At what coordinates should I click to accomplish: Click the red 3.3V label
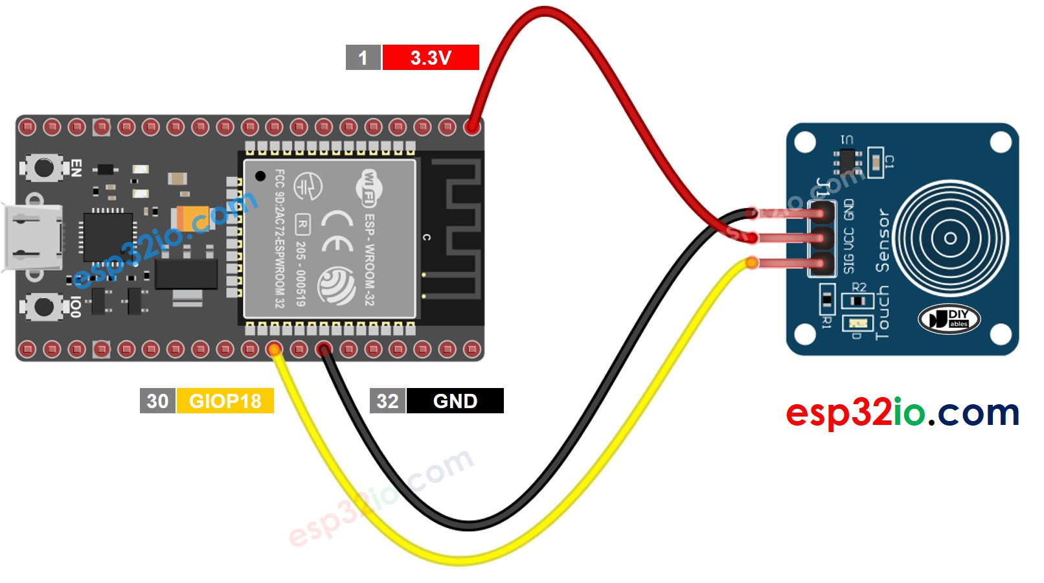[431, 58]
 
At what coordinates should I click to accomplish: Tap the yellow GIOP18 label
[225, 401]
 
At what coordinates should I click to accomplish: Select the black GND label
[455, 401]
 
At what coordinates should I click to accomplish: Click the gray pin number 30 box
[157, 401]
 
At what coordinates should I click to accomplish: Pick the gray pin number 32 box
[387, 401]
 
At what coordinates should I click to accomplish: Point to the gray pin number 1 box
[363, 58]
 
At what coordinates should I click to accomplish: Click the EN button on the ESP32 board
[44, 168]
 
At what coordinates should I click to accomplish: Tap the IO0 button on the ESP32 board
[44, 306]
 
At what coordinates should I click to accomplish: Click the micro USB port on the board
[32, 237]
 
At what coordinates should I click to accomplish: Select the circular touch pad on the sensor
[950, 238]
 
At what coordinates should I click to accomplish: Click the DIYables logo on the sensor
[949, 319]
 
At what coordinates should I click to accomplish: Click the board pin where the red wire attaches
[472, 126]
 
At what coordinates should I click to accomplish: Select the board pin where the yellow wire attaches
[275, 350]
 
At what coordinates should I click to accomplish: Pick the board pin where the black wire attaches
[323, 350]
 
